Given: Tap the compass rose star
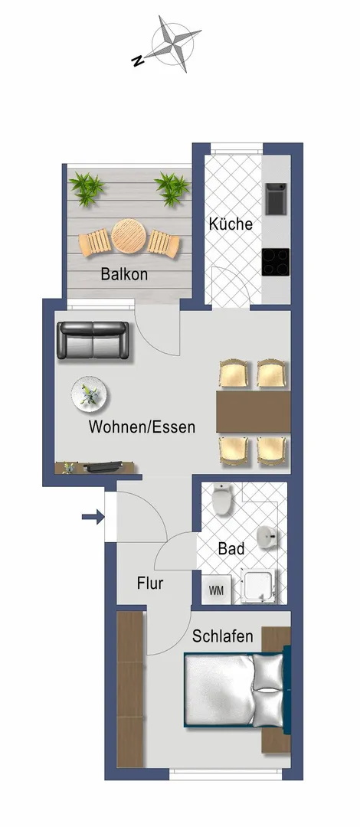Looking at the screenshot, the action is [x=173, y=43].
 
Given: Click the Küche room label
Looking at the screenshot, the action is [x=231, y=224].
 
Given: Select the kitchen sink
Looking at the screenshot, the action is [x=276, y=198].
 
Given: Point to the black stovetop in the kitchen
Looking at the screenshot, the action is [x=276, y=262].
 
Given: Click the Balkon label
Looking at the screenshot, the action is [x=124, y=274].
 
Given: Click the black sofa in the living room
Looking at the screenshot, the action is [x=93, y=340].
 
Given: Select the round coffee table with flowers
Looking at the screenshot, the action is [x=90, y=394].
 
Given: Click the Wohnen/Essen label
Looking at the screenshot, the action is [x=142, y=427].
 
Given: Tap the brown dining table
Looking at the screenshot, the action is [x=254, y=412].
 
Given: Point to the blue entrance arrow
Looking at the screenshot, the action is [x=93, y=518].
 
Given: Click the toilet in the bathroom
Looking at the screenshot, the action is [x=221, y=500].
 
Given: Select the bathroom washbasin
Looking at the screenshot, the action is [x=268, y=537].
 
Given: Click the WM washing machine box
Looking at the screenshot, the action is [x=217, y=590].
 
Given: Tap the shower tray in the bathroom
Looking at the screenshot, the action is [x=259, y=586].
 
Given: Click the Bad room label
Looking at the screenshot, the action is [x=231, y=548].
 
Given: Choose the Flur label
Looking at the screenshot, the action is [x=150, y=583].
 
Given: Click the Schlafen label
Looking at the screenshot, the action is [x=222, y=636].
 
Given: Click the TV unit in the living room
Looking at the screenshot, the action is [x=96, y=467].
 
